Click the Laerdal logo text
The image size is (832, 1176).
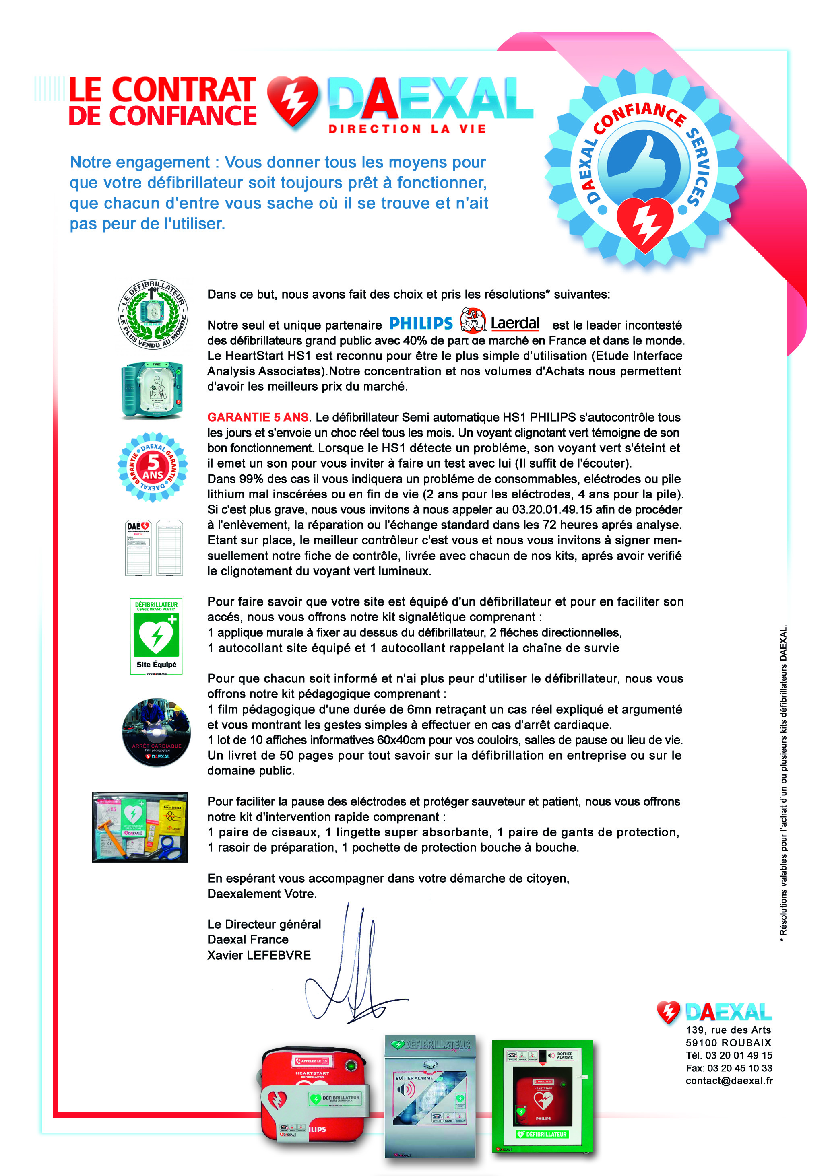point(514,323)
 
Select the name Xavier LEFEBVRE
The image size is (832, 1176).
point(259,955)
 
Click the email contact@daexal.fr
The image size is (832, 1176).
point(729,1081)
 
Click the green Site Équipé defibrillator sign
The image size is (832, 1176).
point(156,636)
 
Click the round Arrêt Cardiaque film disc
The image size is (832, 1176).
point(156,733)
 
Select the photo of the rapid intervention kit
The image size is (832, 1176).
point(140,827)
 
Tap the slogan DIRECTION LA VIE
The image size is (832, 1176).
point(407,129)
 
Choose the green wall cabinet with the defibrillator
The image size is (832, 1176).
point(542,1096)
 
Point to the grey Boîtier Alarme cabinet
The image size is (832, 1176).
point(430,1096)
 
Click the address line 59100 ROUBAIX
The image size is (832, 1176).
point(728,1043)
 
